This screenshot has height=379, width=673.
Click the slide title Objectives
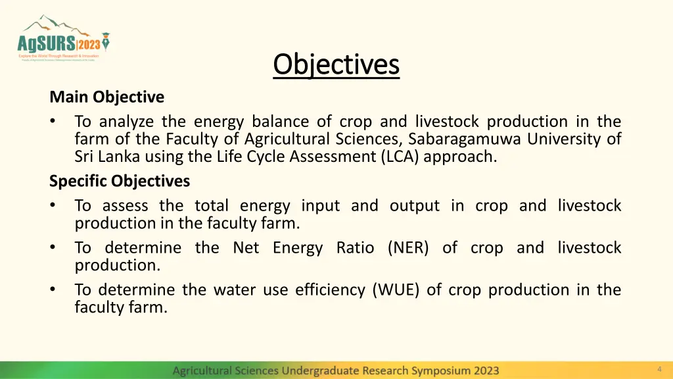336,64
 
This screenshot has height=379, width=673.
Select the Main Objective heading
106,97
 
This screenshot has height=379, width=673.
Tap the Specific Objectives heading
119,181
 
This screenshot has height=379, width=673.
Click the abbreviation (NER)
408,248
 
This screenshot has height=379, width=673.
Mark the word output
414,206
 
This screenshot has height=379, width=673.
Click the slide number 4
659,369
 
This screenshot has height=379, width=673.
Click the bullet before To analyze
53,122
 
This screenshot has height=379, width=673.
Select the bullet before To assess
53,206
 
